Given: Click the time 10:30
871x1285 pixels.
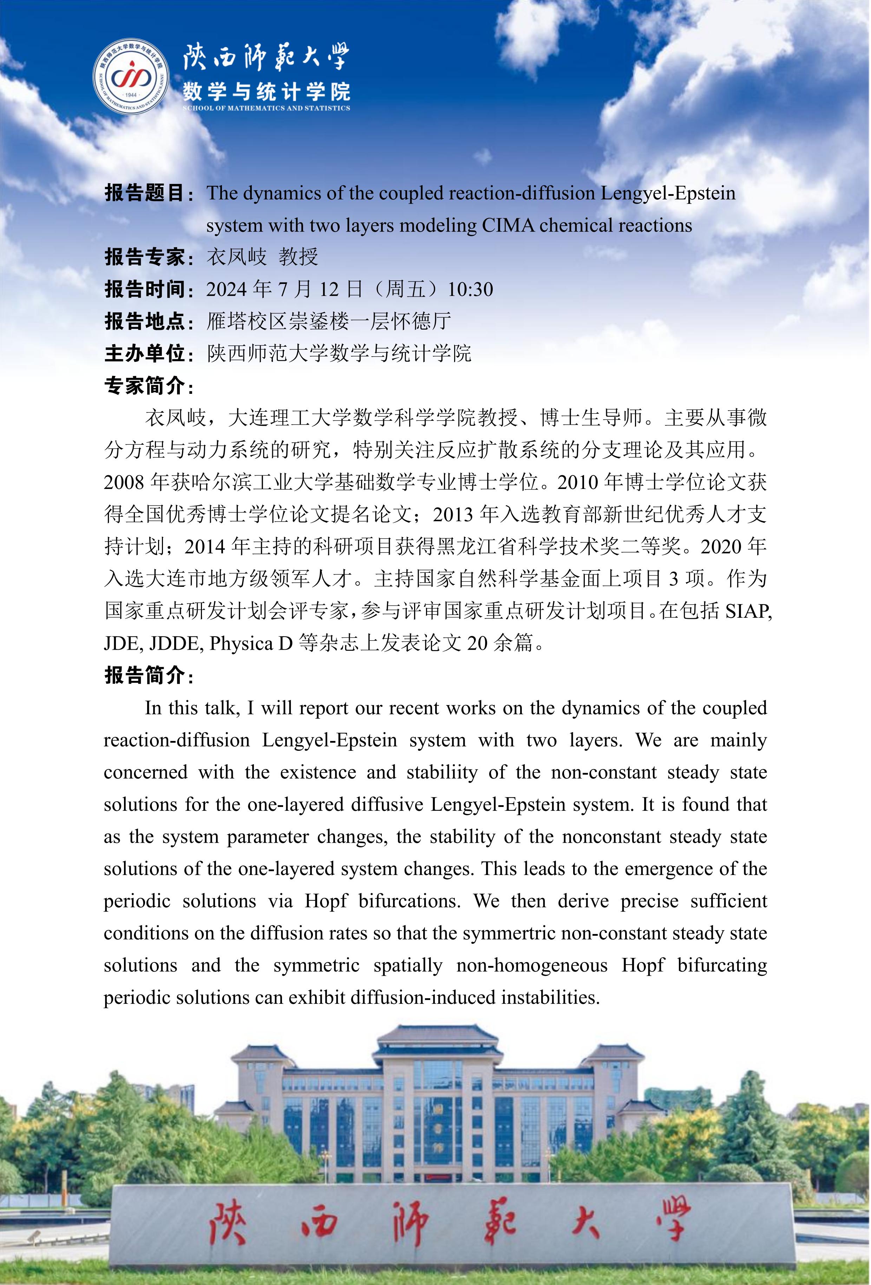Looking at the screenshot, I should (x=470, y=289).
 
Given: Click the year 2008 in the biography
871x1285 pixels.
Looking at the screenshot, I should (x=125, y=483).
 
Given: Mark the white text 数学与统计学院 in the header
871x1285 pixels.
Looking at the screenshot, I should (x=266, y=91).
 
